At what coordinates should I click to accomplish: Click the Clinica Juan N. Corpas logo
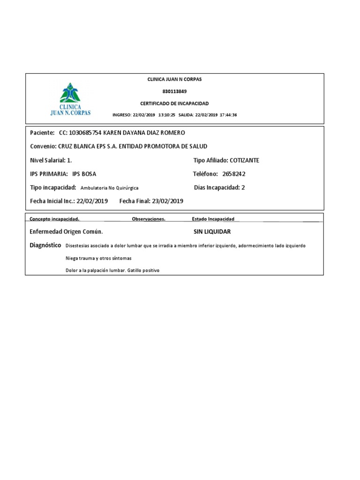point(71,98)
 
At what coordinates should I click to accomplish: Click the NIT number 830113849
point(174,91)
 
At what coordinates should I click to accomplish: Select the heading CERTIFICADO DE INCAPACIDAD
point(174,103)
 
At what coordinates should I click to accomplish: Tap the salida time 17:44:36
point(229,115)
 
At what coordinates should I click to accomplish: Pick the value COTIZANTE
point(244,160)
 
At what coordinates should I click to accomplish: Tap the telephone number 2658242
point(234,174)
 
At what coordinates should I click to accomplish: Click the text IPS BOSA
point(84,174)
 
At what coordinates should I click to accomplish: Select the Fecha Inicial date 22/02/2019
point(92,201)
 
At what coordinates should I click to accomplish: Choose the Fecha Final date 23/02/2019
point(167,201)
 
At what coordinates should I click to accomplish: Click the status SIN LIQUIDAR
point(212,232)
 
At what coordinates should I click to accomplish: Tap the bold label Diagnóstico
point(45,245)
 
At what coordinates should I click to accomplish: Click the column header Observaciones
point(149,219)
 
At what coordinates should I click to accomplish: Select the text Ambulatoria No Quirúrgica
point(109,188)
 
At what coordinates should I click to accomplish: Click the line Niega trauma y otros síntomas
point(98,258)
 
